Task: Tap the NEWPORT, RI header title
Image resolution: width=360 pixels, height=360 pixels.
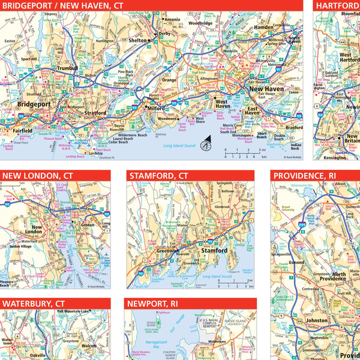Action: [153, 304]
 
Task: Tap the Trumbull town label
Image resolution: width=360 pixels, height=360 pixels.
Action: [67, 68]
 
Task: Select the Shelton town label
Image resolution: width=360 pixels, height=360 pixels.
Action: [139, 40]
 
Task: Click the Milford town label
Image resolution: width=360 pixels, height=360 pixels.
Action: [157, 108]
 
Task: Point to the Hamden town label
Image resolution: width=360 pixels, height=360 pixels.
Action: [263, 28]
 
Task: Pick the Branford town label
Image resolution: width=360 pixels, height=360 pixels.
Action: [294, 127]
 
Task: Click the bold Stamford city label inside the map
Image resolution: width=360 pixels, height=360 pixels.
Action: [214, 250]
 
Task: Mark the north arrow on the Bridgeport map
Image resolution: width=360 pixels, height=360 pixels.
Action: [205, 144]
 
